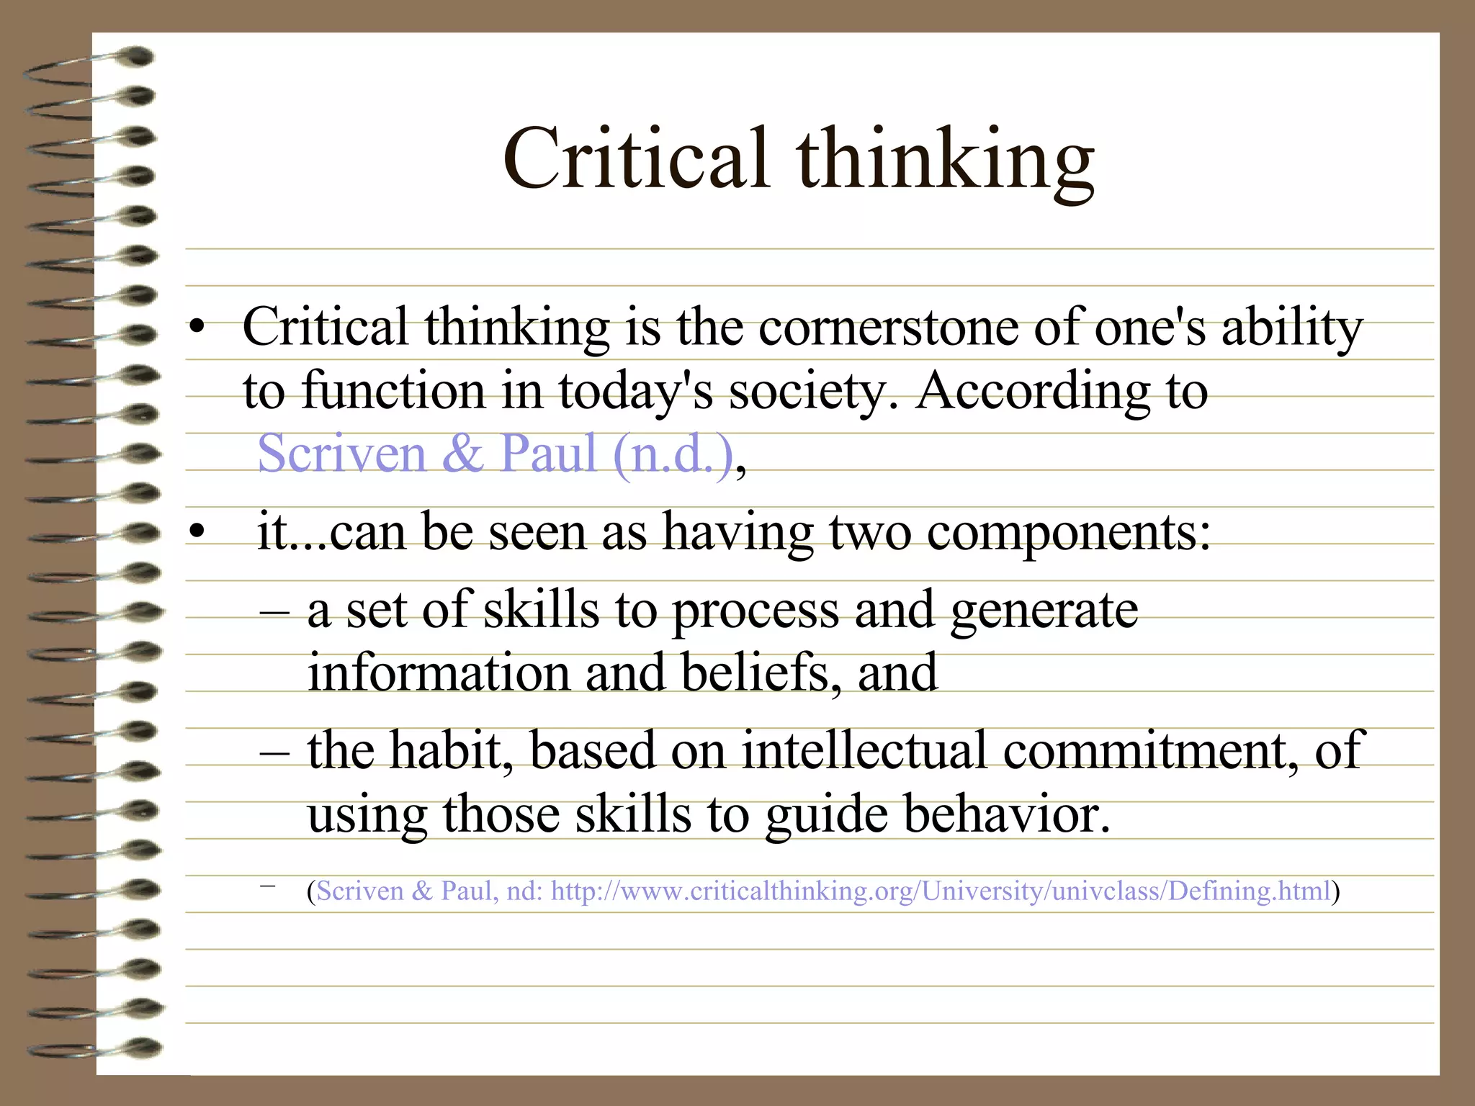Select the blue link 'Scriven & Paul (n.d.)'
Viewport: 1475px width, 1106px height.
496,454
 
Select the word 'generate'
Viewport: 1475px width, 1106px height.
1044,611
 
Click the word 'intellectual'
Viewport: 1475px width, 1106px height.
864,750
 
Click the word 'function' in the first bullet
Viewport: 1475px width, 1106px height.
392,391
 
